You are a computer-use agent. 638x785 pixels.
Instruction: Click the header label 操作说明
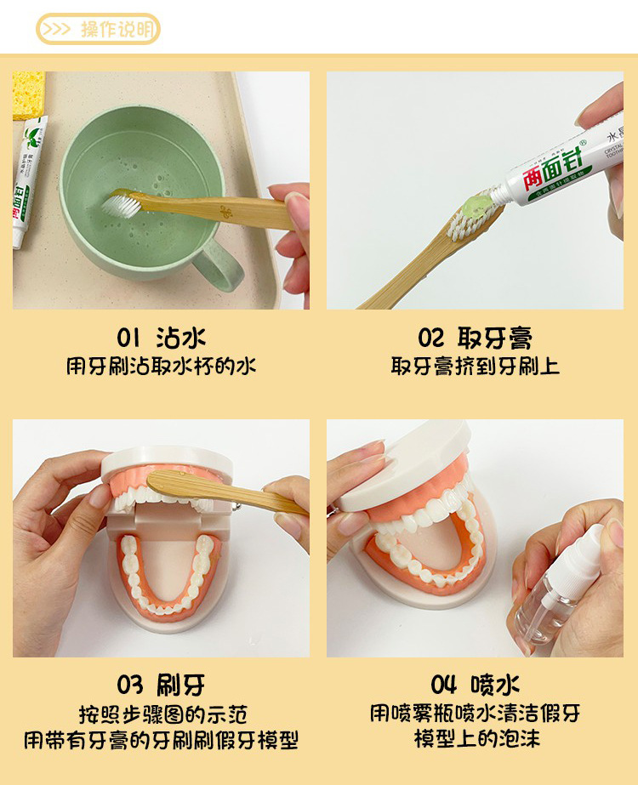pyautogui.click(x=117, y=30)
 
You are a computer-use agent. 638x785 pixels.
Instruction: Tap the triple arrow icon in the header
pyautogui.click(x=57, y=30)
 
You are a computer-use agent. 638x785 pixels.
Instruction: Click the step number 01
pyautogui.click(x=128, y=338)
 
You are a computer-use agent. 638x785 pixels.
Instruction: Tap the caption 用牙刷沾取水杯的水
pyautogui.click(x=161, y=367)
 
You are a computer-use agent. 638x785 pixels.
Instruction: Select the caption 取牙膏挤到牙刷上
pyautogui.click(x=475, y=367)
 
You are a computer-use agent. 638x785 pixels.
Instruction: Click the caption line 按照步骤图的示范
pyautogui.click(x=161, y=714)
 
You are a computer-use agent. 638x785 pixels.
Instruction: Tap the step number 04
pyautogui.click(x=443, y=685)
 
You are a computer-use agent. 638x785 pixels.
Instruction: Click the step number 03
pyautogui.click(x=130, y=685)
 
